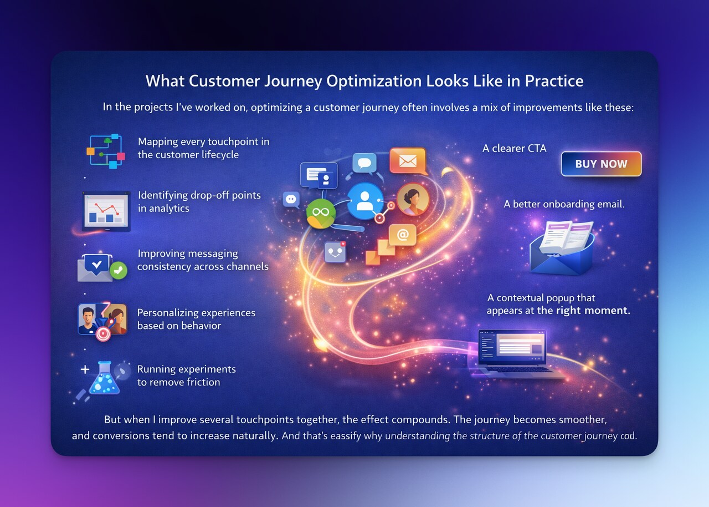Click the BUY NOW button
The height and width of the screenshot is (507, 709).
tap(601, 164)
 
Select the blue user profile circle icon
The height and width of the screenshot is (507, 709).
tap(365, 200)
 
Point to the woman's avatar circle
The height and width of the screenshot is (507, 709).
tap(413, 199)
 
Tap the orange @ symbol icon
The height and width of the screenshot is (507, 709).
tap(403, 235)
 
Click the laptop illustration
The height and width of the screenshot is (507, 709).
tap(515, 354)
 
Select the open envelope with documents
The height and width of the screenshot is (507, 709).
tap(561, 246)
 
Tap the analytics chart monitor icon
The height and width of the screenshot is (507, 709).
tap(106, 211)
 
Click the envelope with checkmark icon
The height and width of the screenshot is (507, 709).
tap(100, 266)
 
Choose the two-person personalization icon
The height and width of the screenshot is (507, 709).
tap(102, 321)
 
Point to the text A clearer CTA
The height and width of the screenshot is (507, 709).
tap(514, 148)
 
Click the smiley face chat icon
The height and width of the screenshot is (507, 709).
tap(336, 252)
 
